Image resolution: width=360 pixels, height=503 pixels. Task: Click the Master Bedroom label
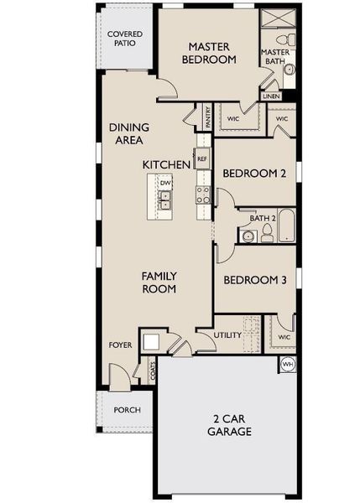(x=209, y=53)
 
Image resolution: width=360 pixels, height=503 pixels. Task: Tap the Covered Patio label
(x=124, y=39)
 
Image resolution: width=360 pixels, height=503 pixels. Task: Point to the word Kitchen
(x=167, y=164)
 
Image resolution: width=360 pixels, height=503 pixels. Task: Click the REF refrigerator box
(x=201, y=158)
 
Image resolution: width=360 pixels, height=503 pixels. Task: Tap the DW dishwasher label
(x=165, y=182)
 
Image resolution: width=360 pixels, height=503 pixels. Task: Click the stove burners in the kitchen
(x=203, y=195)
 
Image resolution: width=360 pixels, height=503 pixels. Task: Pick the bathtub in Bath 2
(x=285, y=227)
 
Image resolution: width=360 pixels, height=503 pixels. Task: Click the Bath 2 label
(x=262, y=219)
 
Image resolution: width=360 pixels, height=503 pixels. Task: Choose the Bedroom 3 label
(x=255, y=281)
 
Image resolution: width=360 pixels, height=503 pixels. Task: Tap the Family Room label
(x=159, y=282)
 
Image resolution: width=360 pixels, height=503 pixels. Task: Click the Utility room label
(x=227, y=335)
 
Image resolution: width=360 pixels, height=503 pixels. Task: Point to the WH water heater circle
(x=286, y=365)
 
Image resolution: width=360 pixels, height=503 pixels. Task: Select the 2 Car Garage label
(x=229, y=426)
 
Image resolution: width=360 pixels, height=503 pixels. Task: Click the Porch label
(x=127, y=410)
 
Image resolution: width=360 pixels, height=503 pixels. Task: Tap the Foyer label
(x=120, y=345)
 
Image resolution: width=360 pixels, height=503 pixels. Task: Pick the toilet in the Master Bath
(x=288, y=41)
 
